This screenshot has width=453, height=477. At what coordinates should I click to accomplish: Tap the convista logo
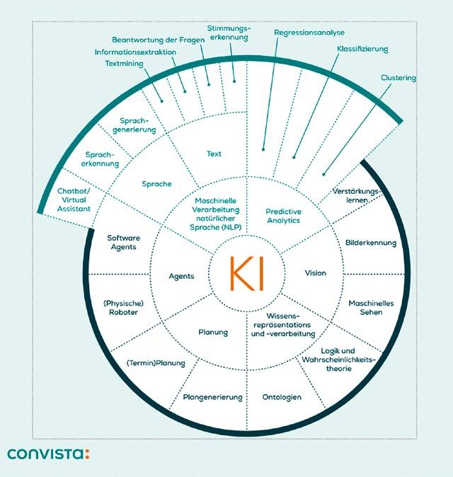point(49,453)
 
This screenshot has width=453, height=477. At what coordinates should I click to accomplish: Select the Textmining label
point(120,63)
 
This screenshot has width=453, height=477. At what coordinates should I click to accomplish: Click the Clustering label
point(398,78)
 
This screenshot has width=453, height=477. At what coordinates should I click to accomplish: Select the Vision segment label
point(315,272)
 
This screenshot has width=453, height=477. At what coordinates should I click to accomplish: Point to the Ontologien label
point(282,397)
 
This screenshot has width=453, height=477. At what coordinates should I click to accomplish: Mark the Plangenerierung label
point(212,397)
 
